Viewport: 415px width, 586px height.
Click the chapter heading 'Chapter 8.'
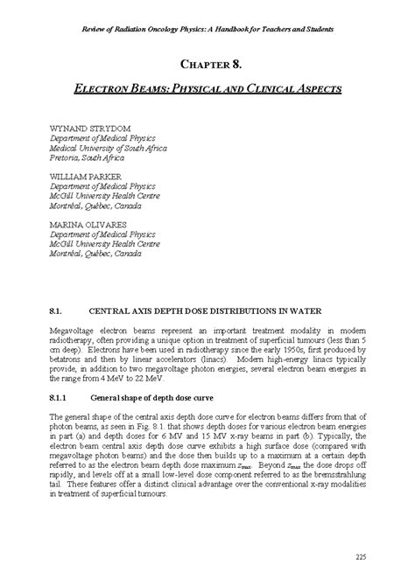tap(207, 65)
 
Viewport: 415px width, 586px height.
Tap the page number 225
tap(361, 557)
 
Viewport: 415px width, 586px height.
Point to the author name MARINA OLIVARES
tap(86, 225)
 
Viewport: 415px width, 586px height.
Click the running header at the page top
tap(207, 11)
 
